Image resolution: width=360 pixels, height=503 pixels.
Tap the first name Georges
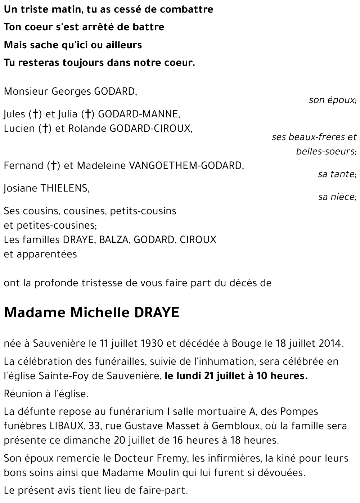[71, 91]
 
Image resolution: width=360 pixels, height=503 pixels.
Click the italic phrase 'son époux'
[332, 100]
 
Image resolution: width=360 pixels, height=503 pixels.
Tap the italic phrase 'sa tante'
[337, 174]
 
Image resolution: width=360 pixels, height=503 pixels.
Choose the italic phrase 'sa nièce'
[337, 197]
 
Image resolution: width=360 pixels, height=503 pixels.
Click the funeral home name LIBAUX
[64, 426]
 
